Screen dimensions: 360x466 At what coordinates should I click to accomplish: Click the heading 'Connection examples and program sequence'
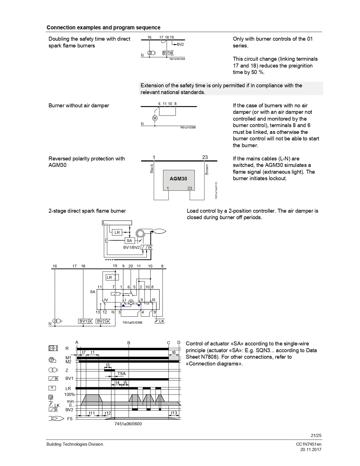point(103,27)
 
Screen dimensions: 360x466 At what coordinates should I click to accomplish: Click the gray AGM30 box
point(179,180)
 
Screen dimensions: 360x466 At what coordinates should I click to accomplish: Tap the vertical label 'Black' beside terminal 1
point(152,168)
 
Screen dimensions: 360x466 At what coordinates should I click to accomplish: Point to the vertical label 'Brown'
point(207,169)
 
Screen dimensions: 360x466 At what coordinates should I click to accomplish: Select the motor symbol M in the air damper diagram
point(155,118)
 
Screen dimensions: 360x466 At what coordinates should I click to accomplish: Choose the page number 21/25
point(316,435)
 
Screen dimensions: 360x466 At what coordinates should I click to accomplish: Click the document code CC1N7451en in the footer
point(309,444)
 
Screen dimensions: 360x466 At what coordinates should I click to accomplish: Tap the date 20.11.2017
point(311,450)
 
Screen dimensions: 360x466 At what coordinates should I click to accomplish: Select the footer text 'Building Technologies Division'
point(75,444)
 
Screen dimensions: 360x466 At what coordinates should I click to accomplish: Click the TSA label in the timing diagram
point(121,374)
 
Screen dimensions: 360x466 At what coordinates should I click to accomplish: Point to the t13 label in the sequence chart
point(174,413)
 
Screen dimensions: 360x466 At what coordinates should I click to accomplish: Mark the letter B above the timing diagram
point(129,343)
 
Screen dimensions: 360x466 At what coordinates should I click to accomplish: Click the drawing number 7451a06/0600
point(128,424)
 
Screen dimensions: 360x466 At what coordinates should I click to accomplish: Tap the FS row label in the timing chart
point(70,419)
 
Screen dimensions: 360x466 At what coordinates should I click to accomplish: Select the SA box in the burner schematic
point(130,241)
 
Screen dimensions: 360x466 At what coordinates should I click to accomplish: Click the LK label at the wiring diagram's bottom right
point(162,321)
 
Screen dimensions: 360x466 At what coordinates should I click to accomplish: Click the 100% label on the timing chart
point(69,394)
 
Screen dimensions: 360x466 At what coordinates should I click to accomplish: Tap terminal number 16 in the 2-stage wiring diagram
point(55,266)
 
